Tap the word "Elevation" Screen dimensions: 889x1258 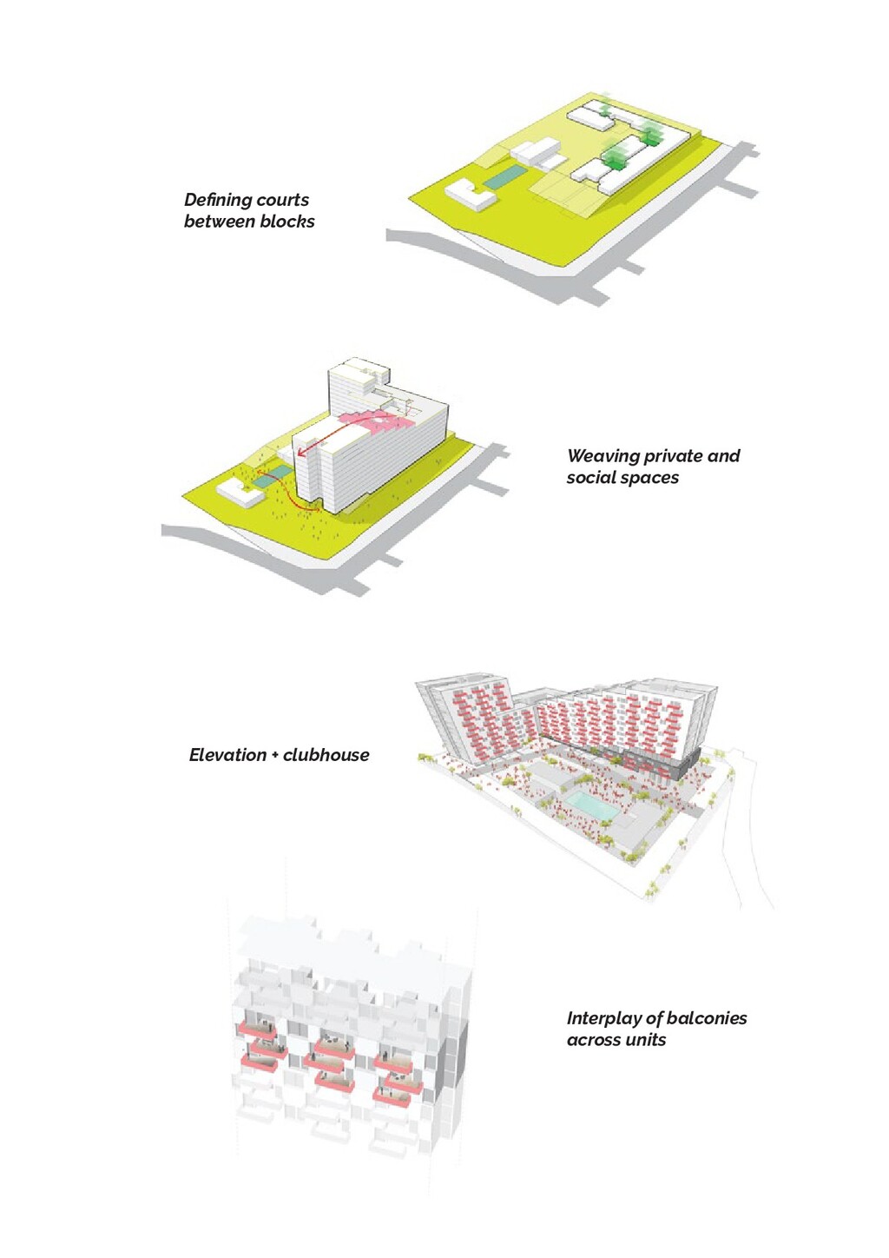(227, 755)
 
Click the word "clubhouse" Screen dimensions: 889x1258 (326, 755)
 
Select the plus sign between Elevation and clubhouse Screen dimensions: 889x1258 (275, 756)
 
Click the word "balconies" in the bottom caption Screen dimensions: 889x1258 (707, 1018)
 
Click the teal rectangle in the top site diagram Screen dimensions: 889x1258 (504, 178)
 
